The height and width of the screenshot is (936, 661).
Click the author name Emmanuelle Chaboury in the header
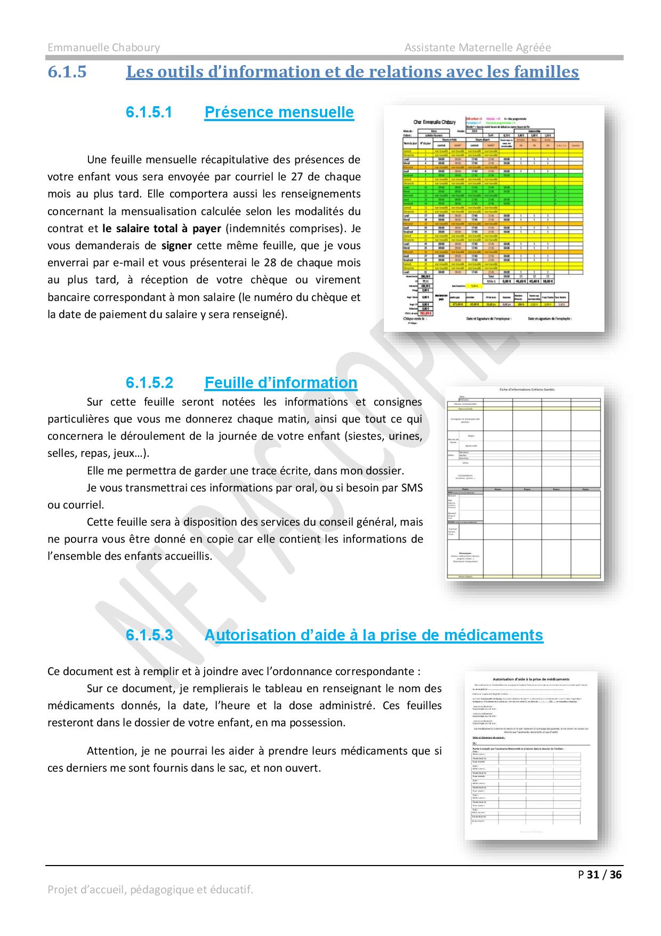pos(103,47)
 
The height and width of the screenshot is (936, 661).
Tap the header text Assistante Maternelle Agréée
pos(478,47)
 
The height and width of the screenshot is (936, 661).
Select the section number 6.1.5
pos(67,72)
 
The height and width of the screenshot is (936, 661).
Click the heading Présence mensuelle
pos(279,112)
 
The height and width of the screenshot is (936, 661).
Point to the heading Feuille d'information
pos(280,383)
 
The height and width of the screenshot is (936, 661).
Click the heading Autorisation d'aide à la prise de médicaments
pos(373,635)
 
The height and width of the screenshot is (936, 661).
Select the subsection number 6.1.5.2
pos(149,383)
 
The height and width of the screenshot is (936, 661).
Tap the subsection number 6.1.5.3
pos(149,635)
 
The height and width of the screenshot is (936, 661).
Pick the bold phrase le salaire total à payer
pos(162,228)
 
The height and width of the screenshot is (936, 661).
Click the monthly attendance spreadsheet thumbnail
pos(494,218)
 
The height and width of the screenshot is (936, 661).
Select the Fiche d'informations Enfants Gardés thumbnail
pos(524,483)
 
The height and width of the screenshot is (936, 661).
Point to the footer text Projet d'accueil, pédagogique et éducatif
pos(150,890)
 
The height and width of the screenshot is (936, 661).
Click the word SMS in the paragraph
pos(412,487)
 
